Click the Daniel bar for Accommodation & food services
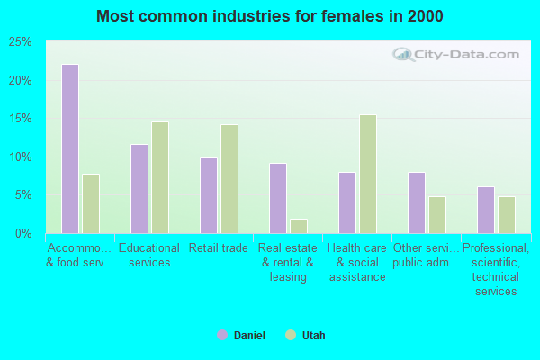(x=70, y=148)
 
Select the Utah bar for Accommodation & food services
(x=91, y=203)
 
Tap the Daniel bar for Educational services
(x=139, y=189)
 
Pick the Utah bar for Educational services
(x=160, y=177)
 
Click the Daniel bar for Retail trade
(x=209, y=195)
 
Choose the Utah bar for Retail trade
(x=229, y=179)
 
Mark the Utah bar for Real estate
(x=299, y=226)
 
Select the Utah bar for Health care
(x=368, y=174)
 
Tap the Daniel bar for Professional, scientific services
(x=486, y=210)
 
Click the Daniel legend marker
(x=222, y=335)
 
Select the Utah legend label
(x=313, y=336)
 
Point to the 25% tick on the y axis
(x=21, y=42)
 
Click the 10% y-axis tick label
(x=21, y=157)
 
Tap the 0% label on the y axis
(x=24, y=234)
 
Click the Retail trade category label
(x=219, y=248)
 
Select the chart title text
(x=270, y=16)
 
